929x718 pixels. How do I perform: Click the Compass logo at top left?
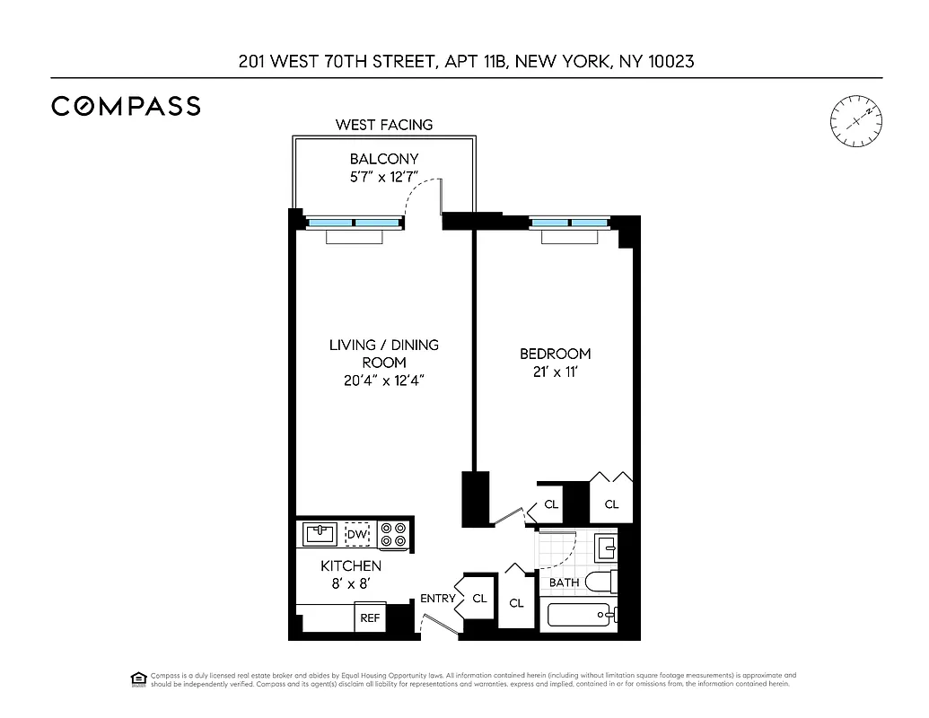pos(126,106)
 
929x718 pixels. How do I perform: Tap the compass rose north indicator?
pos(856,119)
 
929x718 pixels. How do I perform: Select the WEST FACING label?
pos(383,125)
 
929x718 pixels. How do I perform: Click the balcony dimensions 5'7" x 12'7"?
pos(384,177)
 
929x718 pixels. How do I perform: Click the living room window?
pos(354,222)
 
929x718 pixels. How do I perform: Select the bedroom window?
pos(569,222)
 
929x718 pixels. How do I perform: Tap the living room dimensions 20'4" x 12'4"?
pos(383,380)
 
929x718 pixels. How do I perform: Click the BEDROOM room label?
pos(556,354)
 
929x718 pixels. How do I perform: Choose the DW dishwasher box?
pos(357,535)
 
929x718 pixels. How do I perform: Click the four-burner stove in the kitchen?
pos(392,535)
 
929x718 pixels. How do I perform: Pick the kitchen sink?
pos(319,534)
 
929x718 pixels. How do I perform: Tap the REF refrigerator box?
pos(370,618)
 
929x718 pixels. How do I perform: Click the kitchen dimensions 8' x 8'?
pos(351,583)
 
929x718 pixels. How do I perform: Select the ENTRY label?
pos(438,599)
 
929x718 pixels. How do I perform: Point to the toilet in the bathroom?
pos(602,582)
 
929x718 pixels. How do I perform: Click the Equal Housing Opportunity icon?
pos(138,679)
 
